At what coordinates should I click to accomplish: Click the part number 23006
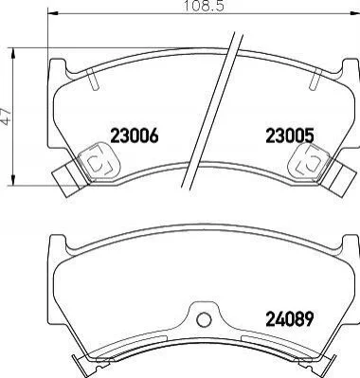pos(134,136)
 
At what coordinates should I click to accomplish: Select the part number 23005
pos(290,136)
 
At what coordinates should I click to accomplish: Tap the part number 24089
pos(290,319)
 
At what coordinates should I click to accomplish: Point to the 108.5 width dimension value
pos(204,6)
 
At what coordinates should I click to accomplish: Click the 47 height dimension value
pos(6,116)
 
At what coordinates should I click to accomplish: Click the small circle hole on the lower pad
pos(204,319)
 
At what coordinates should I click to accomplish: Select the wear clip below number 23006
pos(99,161)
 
